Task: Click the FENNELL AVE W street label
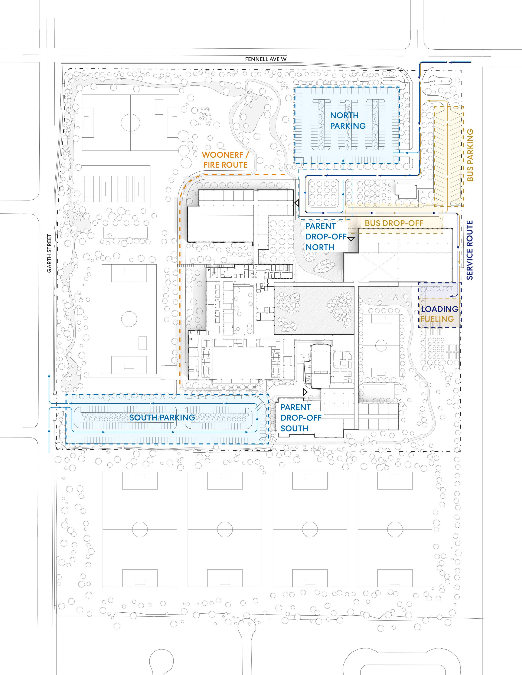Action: [x=266, y=59]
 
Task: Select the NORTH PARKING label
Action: [x=348, y=121]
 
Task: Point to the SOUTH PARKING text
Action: [x=162, y=417]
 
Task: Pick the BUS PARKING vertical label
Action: [x=470, y=155]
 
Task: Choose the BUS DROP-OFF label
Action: [x=394, y=223]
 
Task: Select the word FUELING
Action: [x=437, y=318]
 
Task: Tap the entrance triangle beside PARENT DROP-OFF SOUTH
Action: [x=305, y=392]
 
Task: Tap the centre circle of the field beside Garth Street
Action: [x=129, y=319]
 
